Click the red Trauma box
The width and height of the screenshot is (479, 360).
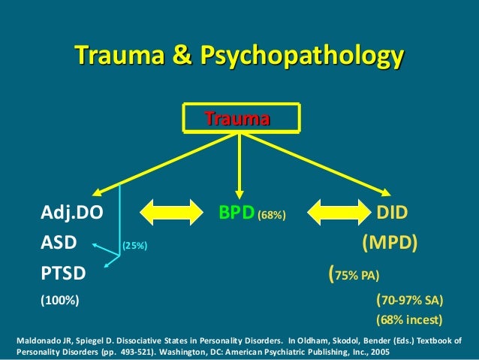click(239, 119)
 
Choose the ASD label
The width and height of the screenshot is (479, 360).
click(57, 244)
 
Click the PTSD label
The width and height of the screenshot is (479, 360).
click(62, 273)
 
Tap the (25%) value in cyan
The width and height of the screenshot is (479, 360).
click(135, 246)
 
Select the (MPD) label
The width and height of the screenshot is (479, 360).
click(390, 244)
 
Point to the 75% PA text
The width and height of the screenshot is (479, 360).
click(356, 274)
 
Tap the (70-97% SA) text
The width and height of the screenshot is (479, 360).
click(409, 301)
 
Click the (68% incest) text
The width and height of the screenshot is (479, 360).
click(408, 320)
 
